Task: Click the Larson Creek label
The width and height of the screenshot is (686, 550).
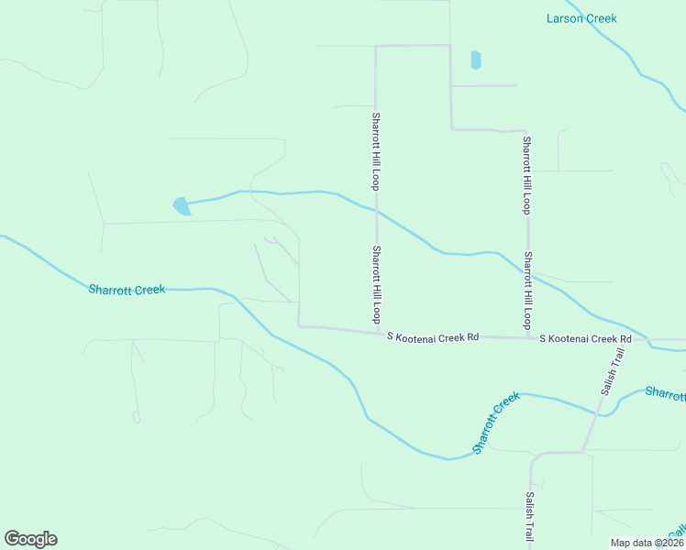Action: (581, 18)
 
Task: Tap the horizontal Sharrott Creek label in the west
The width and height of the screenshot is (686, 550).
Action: (127, 290)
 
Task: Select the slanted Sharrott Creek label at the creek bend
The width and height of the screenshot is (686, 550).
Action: (496, 423)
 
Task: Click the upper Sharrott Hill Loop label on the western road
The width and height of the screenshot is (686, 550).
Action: (376, 150)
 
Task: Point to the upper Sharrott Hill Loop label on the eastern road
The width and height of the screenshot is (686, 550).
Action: (526, 175)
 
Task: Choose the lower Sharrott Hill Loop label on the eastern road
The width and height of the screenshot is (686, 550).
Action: (527, 291)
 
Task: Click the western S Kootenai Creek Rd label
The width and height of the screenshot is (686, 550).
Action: (433, 337)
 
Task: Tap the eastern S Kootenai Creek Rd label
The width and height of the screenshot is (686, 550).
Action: (585, 339)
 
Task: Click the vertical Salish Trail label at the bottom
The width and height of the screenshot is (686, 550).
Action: (530, 515)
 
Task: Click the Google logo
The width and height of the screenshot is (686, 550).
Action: (30, 539)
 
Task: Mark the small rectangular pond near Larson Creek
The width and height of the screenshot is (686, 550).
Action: (475, 60)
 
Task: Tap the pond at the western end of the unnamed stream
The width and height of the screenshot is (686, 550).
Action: (182, 206)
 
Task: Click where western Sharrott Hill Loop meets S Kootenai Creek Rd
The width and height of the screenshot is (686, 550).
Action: (376, 331)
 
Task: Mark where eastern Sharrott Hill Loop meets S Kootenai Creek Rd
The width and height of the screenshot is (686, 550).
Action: (527, 337)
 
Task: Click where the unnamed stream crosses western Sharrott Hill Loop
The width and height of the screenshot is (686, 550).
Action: (376, 210)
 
